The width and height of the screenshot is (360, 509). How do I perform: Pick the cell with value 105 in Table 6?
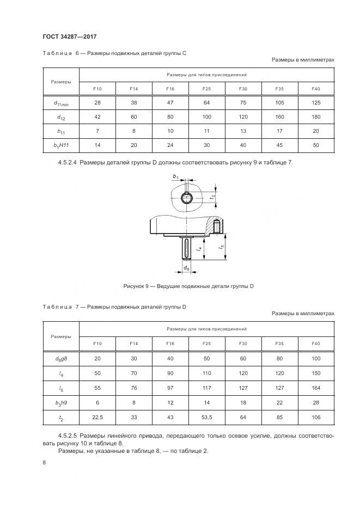click(279, 102)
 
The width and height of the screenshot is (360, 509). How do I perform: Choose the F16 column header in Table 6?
click(170, 88)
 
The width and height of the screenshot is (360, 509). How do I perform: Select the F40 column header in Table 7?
click(315, 344)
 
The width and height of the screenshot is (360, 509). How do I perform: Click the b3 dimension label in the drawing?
click(175, 177)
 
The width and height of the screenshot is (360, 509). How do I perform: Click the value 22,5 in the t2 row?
click(97, 418)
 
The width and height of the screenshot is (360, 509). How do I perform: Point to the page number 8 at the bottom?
click(44, 463)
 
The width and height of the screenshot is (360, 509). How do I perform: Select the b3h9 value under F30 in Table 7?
click(243, 403)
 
